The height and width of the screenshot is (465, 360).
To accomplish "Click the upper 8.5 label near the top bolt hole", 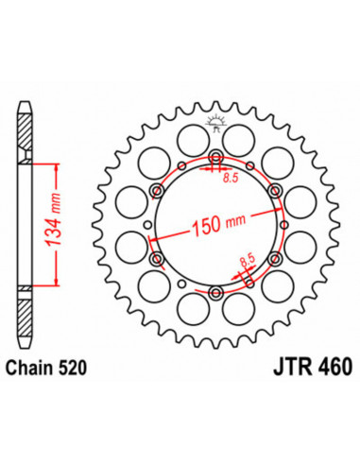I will click(228, 176).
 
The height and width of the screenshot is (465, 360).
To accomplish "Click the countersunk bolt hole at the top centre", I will click(217, 156).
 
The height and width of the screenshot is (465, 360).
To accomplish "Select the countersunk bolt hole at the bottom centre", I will click(217, 291).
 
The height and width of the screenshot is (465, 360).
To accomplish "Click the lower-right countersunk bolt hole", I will click(276, 257).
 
